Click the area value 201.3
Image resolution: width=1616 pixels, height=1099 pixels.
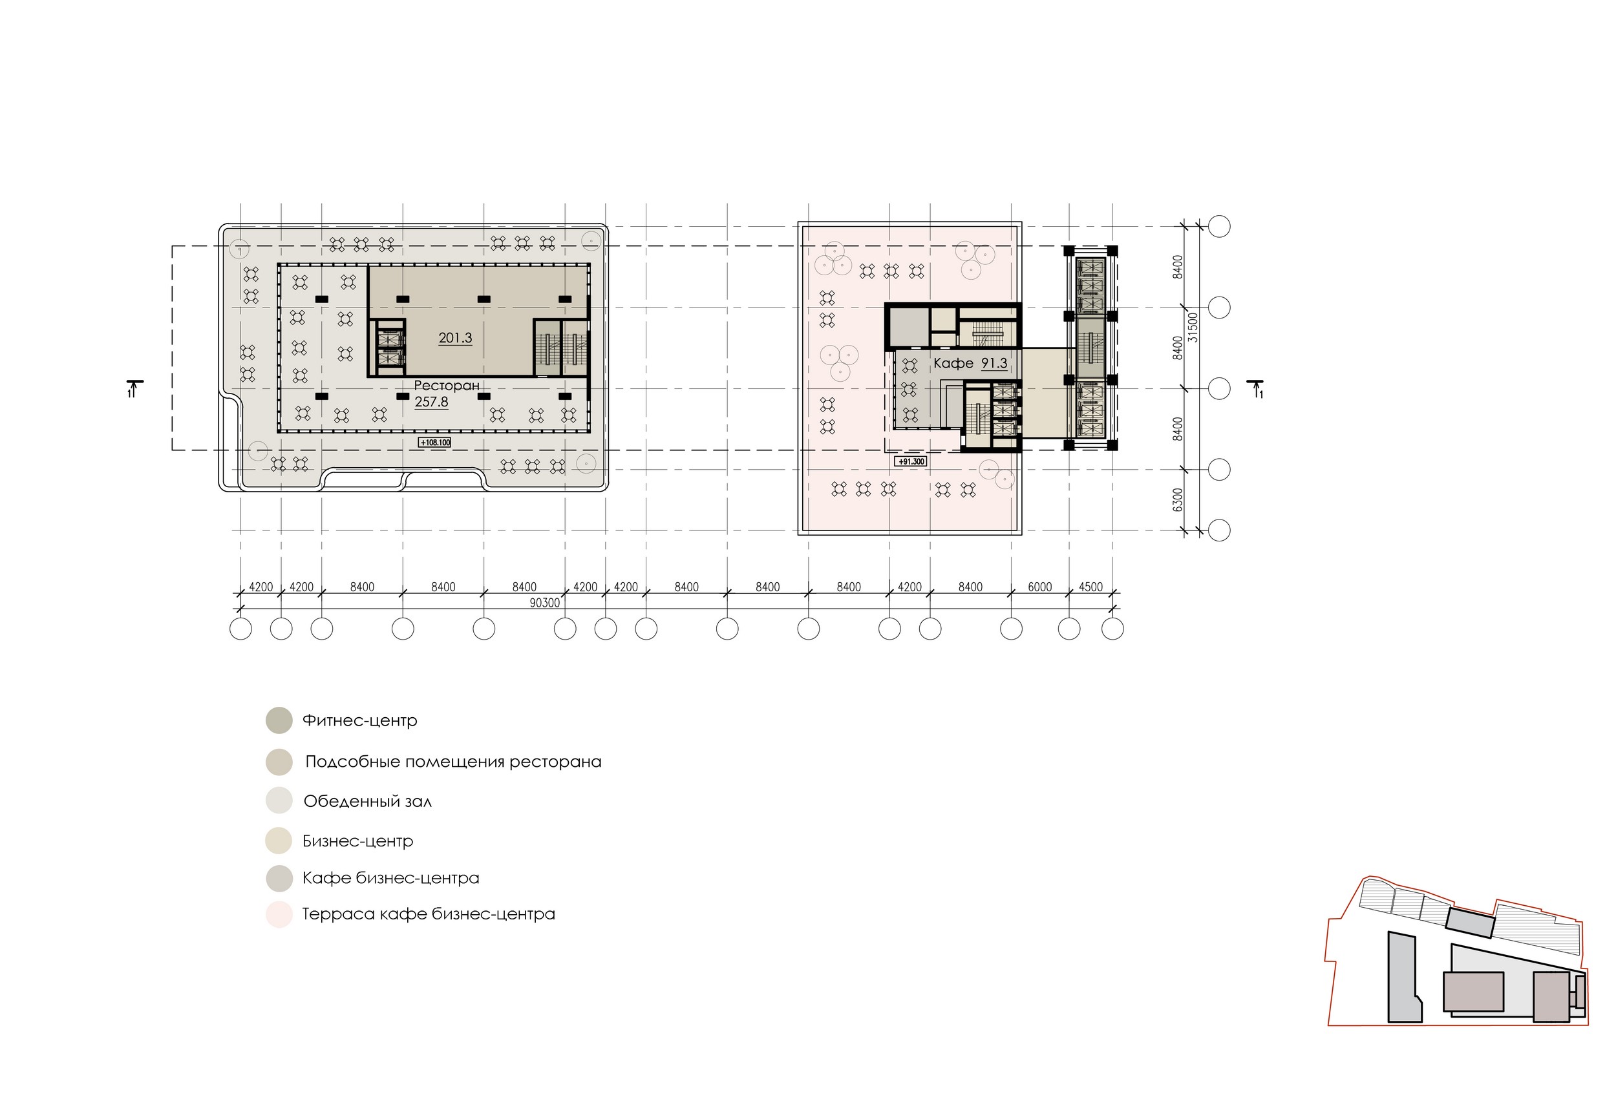pos(455,339)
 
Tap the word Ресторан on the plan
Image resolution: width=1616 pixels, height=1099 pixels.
pos(447,386)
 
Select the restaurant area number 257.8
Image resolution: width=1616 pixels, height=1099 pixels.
pos(431,402)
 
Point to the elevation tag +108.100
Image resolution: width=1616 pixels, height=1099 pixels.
pos(434,442)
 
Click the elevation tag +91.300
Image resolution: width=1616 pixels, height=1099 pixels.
pos(910,461)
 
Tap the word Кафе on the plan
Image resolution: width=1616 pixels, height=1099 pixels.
pos(953,364)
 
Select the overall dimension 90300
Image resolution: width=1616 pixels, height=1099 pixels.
pos(544,603)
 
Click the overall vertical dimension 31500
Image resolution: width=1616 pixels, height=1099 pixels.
pos(1193,327)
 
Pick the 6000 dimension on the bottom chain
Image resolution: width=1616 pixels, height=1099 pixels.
pos(1039,587)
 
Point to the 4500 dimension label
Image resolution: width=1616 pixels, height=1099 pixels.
pos(1090,587)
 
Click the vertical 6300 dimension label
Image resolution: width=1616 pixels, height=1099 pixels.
pos(1177,500)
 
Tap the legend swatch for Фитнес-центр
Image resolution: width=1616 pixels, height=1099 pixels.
pos(279,720)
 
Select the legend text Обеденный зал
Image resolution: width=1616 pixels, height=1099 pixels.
pos(368,802)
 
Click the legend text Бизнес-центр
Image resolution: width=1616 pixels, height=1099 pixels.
pos(357,841)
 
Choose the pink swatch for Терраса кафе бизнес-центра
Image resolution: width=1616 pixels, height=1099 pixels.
pos(279,914)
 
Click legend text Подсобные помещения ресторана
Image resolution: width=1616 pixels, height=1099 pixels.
pos(453,762)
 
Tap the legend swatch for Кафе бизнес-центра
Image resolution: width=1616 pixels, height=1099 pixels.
pos(279,879)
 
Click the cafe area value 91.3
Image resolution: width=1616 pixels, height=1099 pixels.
pos(994,364)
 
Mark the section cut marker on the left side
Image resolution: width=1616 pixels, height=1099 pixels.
pos(135,388)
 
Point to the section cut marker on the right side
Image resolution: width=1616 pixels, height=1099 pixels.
pos(1255,388)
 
